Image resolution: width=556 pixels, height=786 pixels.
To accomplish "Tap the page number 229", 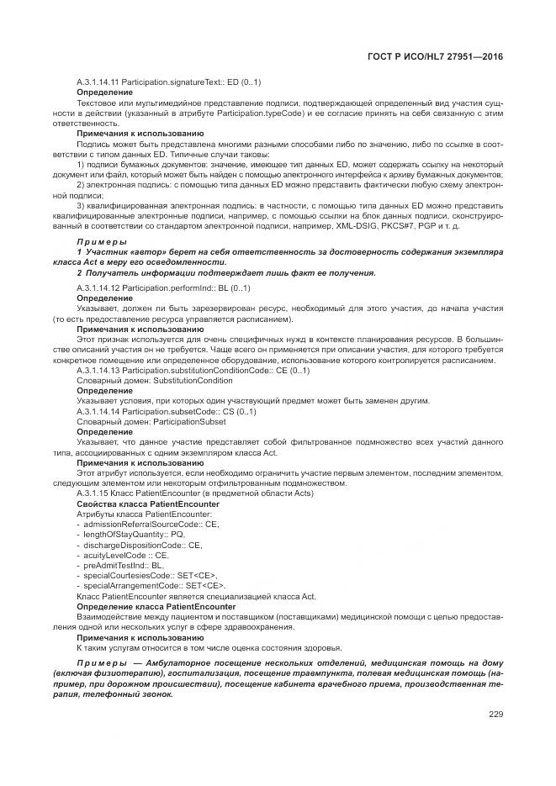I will pyautogui.click(x=495, y=715).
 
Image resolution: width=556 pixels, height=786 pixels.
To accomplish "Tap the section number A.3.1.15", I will pyautogui.click(x=92, y=493).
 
